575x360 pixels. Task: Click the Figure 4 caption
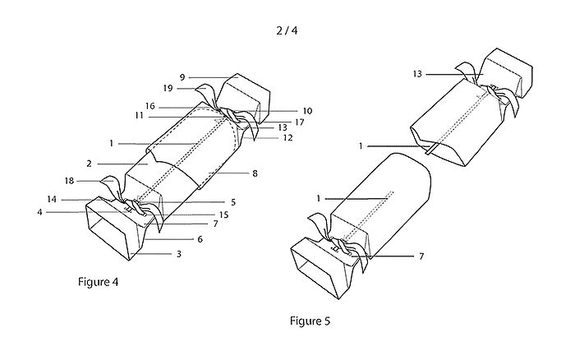pos(96,282)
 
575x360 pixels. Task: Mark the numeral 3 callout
pos(180,255)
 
